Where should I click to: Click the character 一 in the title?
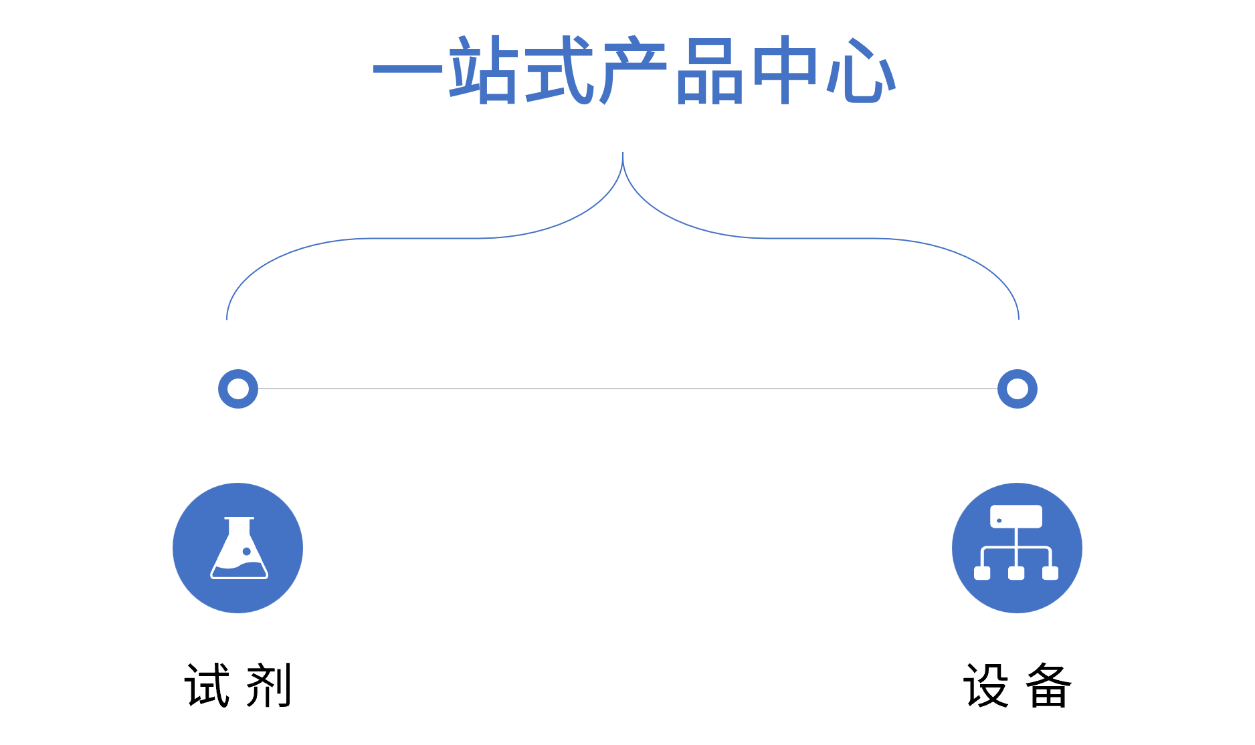pos(407,68)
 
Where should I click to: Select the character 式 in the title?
pos(559,70)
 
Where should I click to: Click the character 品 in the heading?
pos(709,71)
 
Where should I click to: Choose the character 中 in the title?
pos(785,70)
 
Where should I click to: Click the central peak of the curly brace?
pos(623,156)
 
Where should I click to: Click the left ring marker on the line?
pos(238,389)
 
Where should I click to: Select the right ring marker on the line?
pos(1018,389)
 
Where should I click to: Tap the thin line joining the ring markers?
pos(627,389)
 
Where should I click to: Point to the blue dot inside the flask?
pos(247,551)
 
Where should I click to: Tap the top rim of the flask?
pos(239,518)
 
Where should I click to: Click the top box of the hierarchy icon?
pos(1016,516)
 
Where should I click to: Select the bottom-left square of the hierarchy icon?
pos(982,573)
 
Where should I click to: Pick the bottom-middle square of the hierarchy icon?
pos(1016,573)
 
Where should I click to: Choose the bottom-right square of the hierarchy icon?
pos(1050,573)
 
